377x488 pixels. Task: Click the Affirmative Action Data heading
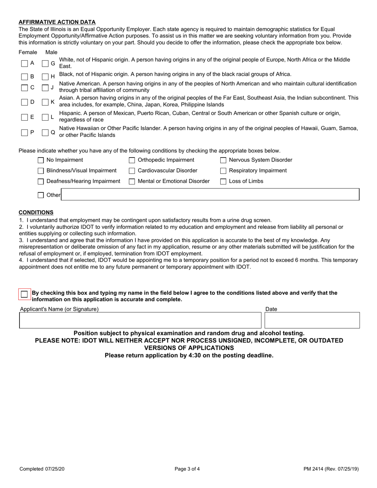(x=57, y=22)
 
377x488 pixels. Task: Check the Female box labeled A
(x=25, y=63)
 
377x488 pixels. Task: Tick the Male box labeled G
(x=46, y=63)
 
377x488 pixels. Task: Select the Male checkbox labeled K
(x=46, y=102)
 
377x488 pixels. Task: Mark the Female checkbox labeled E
(x=25, y=117)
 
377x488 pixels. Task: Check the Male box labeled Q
(x=46, y=133)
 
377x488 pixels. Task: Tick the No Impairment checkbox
(x=40, y=160)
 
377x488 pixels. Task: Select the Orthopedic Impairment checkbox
(x=132, y=160)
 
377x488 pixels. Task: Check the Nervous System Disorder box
(x=223, y=160)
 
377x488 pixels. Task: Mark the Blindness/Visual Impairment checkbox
(x=40, y=171)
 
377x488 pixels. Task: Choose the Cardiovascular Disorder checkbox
(x=132, y=171)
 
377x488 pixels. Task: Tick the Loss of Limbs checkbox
(x=223, y=182)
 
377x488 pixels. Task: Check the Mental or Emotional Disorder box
(x=132, y=182)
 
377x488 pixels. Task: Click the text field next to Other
(x=210, y=195)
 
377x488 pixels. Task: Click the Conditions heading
(x=36, y=213)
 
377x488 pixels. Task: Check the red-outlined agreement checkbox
(x=25, y=294)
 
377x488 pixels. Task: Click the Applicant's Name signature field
(x=140, y=320)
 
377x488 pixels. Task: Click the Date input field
(x=312, y=320)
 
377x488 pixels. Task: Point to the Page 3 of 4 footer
(x=187, y=469)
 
